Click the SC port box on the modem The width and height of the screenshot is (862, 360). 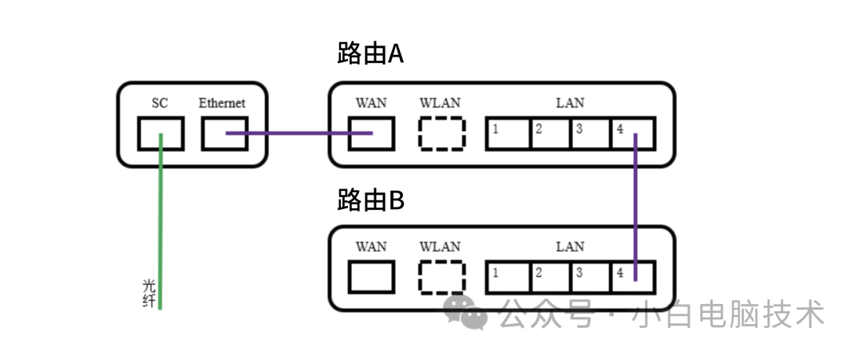coord(160,133)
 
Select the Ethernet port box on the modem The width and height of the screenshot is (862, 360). coord(224,133)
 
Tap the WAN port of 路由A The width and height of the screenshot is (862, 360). coord(371,133)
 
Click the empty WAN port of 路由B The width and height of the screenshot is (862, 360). coord(371,277)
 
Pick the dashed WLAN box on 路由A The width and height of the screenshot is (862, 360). coord(441,133)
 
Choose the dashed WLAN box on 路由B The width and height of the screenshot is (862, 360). coord(441,277)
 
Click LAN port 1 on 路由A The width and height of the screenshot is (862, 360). coord(508,133)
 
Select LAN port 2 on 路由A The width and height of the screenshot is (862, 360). coord(550,133)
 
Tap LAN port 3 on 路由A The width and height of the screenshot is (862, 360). coord(591,133)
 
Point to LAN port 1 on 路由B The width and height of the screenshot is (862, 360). coord(508,277)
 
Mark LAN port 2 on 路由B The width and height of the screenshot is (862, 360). coord(550,277)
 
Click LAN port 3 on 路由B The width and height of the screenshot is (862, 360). coord(591,277)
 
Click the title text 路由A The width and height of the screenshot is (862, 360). coord(371,54)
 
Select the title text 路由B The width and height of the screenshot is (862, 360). coord(371,200)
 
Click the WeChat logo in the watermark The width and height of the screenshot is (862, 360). coord(466,312)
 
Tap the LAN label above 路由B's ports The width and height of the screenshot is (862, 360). coord(570,247)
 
